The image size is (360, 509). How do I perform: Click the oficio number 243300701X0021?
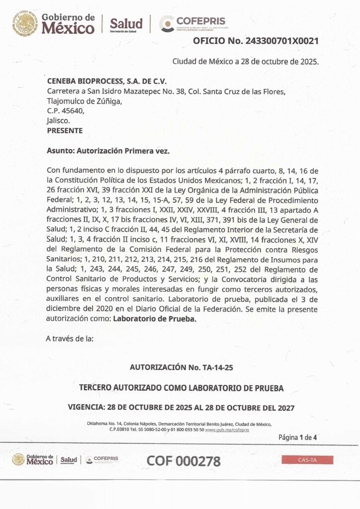click(281, 41)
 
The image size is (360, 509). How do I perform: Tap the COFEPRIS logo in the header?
click(192, 23)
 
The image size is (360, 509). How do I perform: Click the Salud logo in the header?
click(126, 24)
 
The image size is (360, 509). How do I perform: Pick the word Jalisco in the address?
click(58, 121)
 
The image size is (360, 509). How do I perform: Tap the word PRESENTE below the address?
click(64, 131)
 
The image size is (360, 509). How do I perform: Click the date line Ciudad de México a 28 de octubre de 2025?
click(245, 62)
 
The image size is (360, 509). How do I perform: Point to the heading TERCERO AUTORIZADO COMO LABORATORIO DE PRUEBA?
click(181, 388)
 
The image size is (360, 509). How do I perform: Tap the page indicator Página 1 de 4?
click(297, 437)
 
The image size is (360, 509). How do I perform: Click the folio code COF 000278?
click(183, 461)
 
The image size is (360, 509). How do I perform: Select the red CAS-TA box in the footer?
click(307, 460)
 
